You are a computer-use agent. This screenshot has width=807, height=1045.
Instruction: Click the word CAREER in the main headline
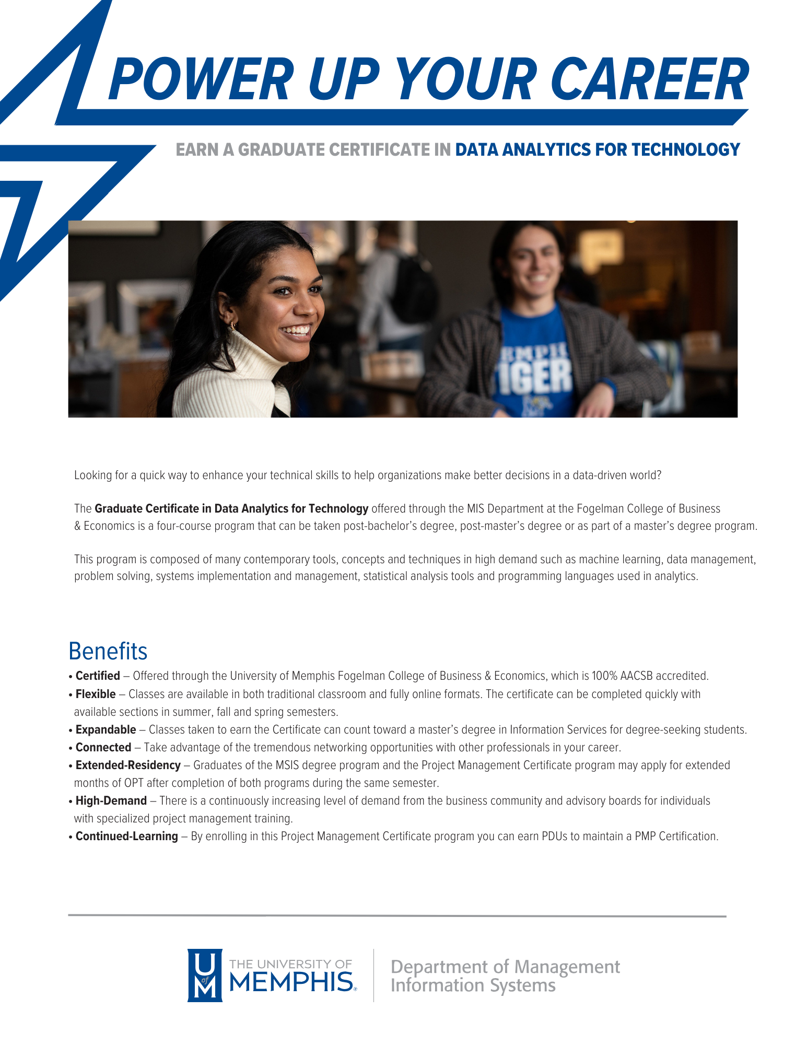(x=650, y=80)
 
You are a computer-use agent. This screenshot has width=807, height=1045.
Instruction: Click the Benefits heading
(x=108, y=652)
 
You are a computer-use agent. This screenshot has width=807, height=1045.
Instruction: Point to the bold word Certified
(x=98, y=676)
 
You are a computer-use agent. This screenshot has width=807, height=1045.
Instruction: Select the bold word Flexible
(x=96, y=694)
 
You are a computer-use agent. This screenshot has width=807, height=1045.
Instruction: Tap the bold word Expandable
(x=106, y=730)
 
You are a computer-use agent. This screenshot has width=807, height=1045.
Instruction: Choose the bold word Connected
(x=103, y=748)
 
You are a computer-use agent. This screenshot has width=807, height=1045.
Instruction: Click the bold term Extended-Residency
(x=128, y=765)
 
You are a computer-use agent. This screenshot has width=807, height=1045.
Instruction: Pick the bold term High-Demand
(x=111, y=801)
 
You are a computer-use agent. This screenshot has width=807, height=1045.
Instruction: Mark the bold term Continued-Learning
(x=127, y=837)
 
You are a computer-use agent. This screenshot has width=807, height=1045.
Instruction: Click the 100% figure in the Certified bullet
(x=604, y=676)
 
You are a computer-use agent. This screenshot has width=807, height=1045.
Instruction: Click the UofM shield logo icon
(x=205, y=975)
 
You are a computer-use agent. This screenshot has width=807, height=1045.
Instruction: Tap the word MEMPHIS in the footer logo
(x=291, y=982)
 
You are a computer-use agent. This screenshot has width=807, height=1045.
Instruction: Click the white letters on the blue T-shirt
(x=535, y=371)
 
